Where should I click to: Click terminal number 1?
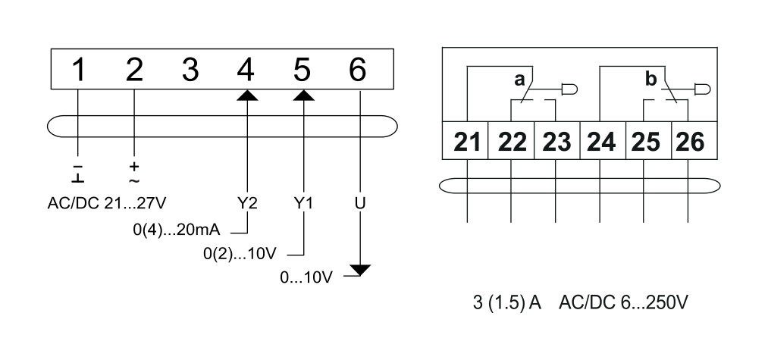click(78, 69)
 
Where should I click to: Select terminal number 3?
click(190, 69)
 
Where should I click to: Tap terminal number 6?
click(358, 69)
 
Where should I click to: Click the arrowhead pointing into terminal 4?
click(247, 95)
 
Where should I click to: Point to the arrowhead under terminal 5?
click(304, 95)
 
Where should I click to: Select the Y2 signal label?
click(247, 203)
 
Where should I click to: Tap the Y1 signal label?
click(303, 203)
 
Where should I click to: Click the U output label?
click(360, 203)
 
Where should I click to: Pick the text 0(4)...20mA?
click(177, 230)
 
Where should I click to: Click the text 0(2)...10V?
click(240, 254)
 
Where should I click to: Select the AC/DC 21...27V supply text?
click(107, 203)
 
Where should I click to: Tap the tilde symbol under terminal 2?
click(133, 180)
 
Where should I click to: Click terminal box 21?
click(466, 140)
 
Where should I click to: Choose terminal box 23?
click(557, 140)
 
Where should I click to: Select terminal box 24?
click(603, 140)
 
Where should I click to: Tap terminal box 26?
click(694, 140)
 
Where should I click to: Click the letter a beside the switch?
click(519, 80)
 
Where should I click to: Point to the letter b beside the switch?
click(651, 78)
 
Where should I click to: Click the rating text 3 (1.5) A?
click(507, 302)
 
